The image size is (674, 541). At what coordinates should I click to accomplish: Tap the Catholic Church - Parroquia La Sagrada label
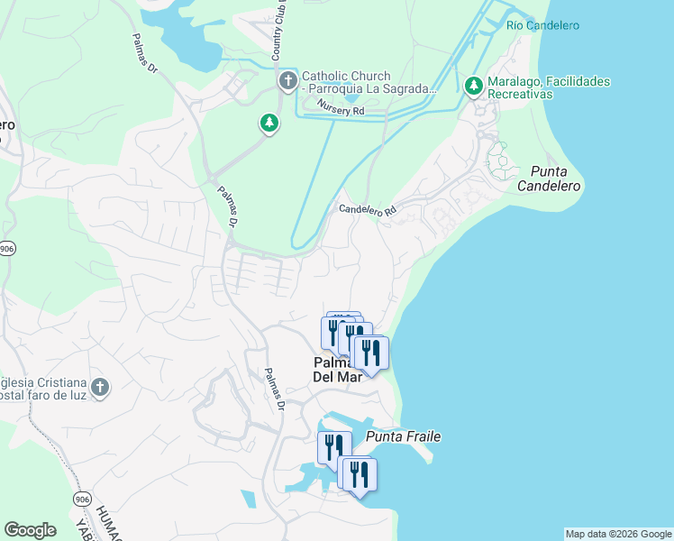tap(369, 83)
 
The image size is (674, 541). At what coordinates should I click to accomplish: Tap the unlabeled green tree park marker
tap(269, 123)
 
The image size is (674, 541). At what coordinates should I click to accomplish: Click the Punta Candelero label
tap(550, 178)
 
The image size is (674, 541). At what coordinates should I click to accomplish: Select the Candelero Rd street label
tap(368, 210)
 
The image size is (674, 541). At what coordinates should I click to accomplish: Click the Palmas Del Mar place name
tap(337, 371)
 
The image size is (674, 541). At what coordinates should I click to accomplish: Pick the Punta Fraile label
tap(404, 437)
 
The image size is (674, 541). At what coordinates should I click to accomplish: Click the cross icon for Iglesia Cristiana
tap(99, 388)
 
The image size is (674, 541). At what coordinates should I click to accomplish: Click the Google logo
tap(30, 530)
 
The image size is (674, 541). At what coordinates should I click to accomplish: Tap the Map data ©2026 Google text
tap(618, 534)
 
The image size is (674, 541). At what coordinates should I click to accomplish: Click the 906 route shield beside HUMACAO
tap(82, 500)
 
